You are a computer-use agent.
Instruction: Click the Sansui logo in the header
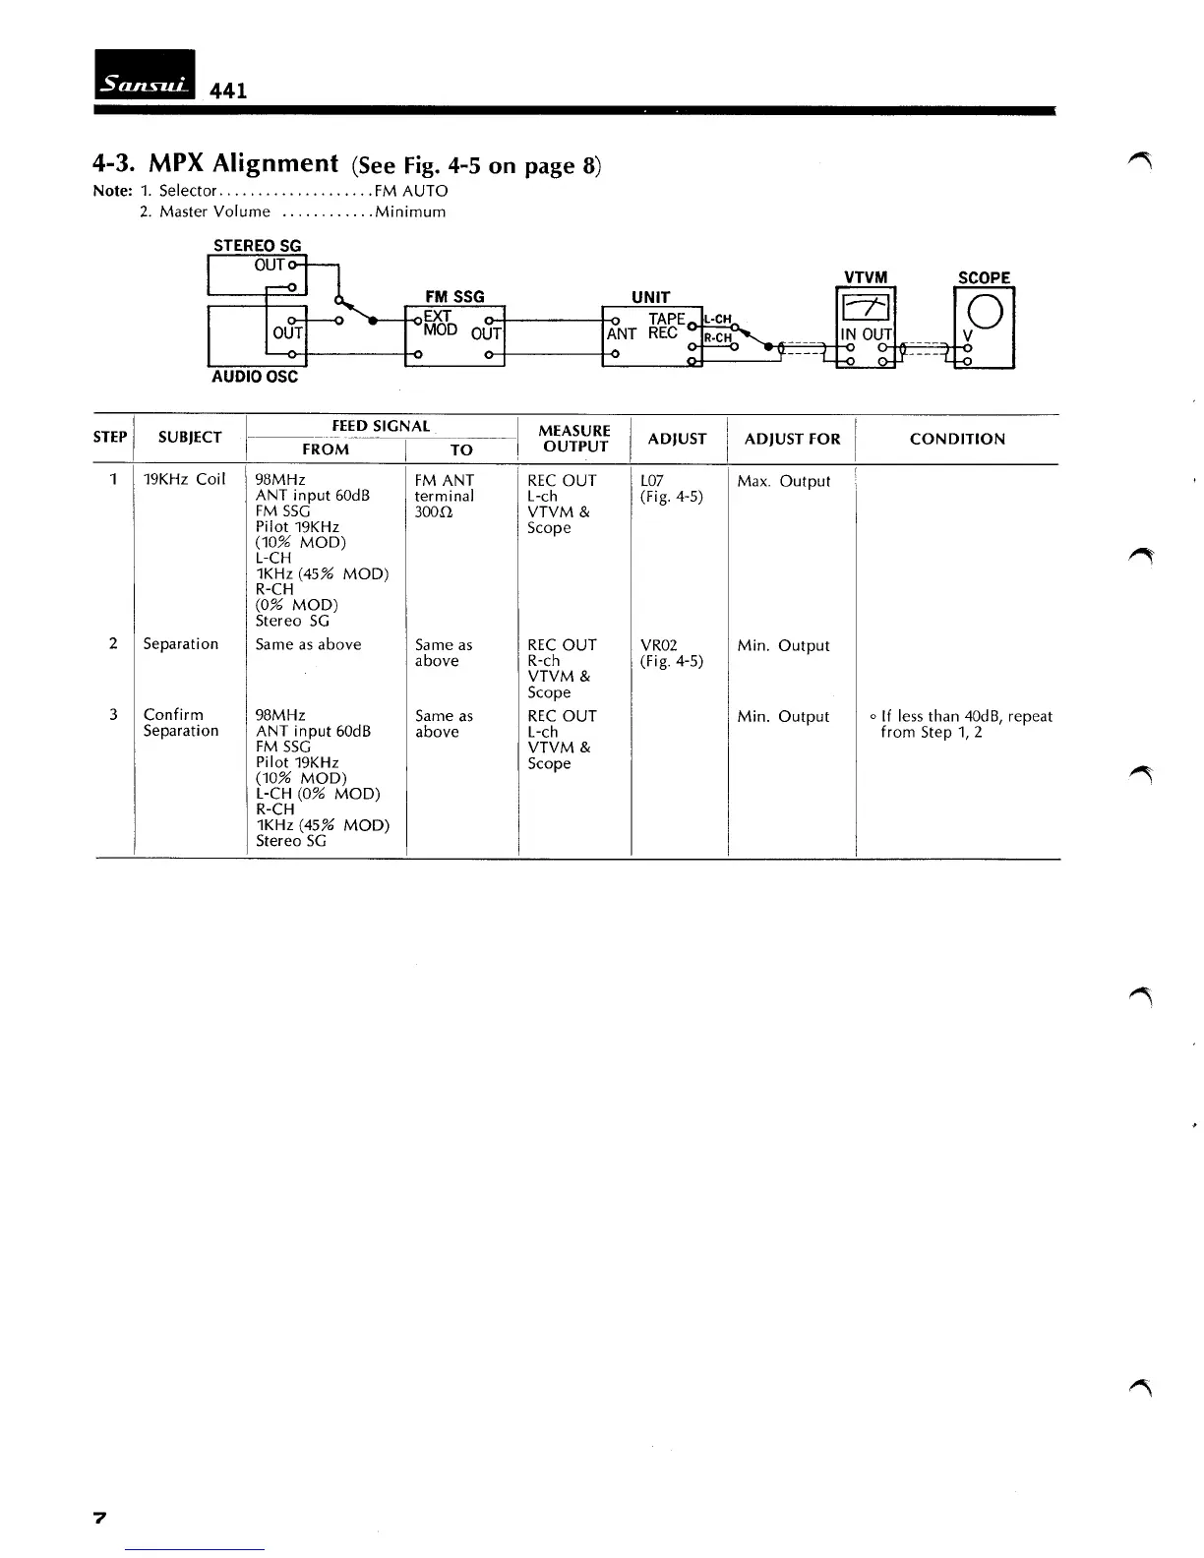[x=146, y=74]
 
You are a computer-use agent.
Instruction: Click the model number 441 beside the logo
[x=228, y=90]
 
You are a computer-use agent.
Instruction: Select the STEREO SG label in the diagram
[x=258, y=246]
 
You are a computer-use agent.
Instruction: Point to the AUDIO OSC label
[x=255, y=377]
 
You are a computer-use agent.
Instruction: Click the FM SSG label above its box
[x=454, y=296]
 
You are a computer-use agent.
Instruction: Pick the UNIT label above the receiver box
[x=650, y=297]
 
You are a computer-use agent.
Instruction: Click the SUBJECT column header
[x=189, y=438]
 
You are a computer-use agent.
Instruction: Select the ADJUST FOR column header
[x=792, y=439]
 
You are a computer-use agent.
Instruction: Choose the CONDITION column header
[x=957, y=439]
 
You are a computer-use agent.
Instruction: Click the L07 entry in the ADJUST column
[x=652, y=481]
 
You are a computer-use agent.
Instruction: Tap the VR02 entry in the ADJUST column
[x=658, y=645]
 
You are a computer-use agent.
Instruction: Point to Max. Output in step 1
[x=783, y=481]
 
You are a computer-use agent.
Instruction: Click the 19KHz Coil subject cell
[x=184, y=480]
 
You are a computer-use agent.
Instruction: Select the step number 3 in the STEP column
[x=114, y=715]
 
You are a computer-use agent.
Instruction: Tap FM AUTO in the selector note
[x=410, y=191]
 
